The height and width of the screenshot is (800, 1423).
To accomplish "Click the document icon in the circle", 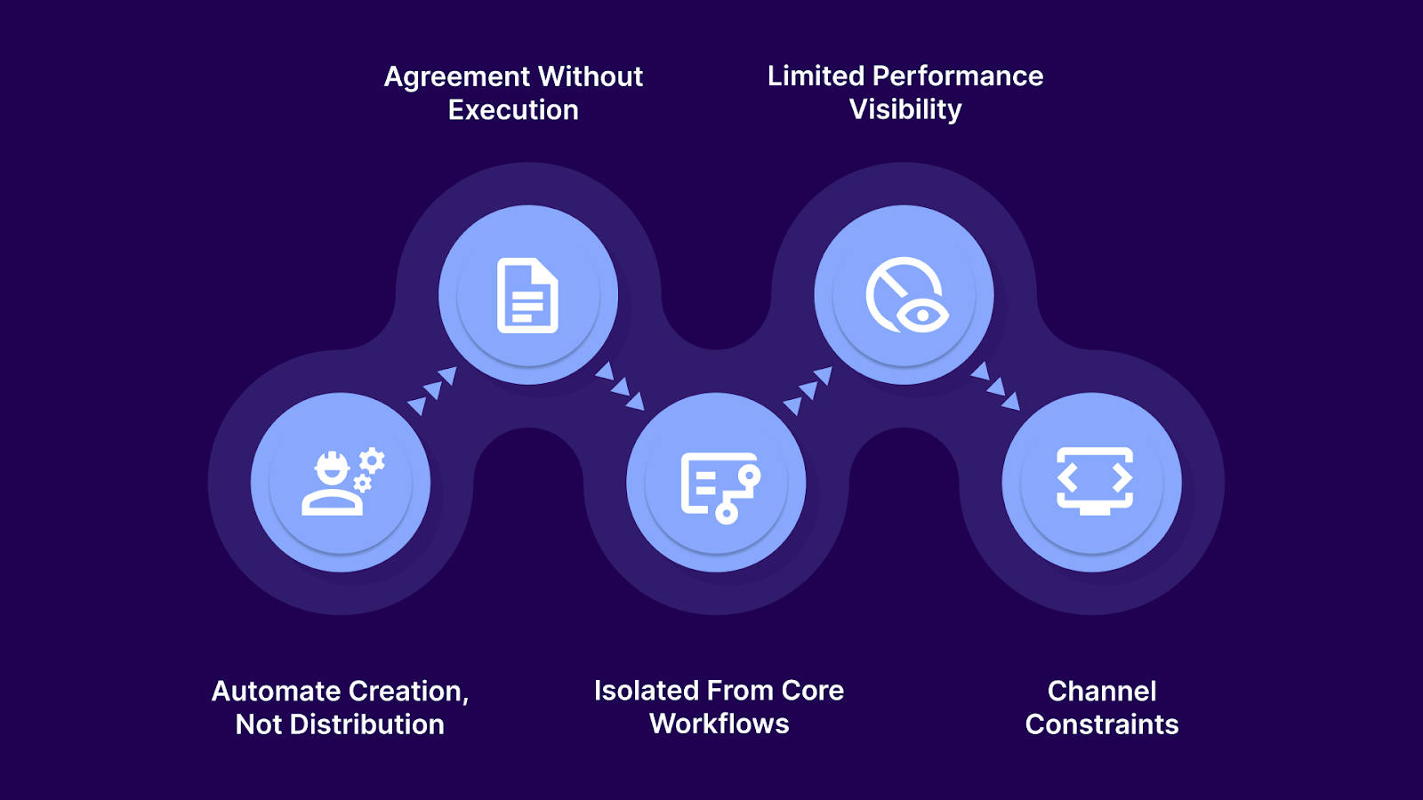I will pos(527,295).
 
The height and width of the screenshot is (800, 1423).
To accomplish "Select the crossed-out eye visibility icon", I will pos(904,295).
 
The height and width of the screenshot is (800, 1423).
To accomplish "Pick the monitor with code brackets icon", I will pos(1094,481).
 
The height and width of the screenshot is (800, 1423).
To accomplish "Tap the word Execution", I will pos(513,110).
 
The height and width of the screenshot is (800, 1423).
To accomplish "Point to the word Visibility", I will pos(905,109).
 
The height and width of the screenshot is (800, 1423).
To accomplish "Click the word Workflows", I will pos(720,724).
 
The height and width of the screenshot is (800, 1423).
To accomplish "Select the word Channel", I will pos(1102,692).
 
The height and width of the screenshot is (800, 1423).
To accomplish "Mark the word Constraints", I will pos(1102,724).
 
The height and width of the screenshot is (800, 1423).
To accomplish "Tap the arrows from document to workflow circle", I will pos(620,386).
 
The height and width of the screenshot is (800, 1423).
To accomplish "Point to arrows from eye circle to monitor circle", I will pos(995,386).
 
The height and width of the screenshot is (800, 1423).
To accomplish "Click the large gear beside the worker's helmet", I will pos(373,460).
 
